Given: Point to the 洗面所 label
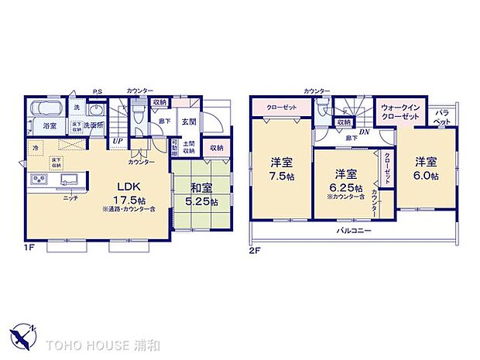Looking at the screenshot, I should point(94,125).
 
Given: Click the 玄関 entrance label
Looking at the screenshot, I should point(189,122).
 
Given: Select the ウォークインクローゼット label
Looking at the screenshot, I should point(400,111).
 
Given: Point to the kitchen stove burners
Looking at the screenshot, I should point(39,181).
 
